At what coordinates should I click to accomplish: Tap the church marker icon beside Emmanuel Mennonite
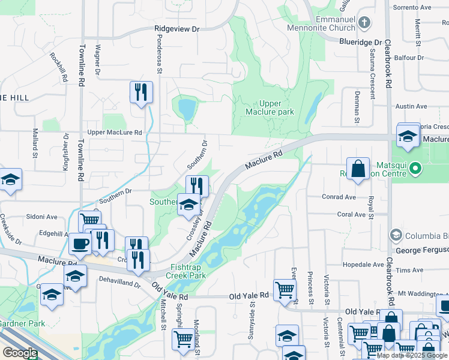tap(364, 23)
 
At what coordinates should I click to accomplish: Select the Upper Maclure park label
tap(270, 107)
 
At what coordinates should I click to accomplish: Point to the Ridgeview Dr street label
tap(176, 28)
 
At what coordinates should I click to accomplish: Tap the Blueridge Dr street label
tap(360, 42)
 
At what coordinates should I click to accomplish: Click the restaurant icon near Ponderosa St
tap(141, 92)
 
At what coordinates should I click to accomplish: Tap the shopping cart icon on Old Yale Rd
tap(285, 290)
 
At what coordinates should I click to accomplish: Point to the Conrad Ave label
tap(339, 197)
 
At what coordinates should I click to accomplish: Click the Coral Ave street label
tap(351, 214)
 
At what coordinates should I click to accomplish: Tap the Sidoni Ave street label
tap(41, 217)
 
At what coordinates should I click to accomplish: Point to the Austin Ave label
tap(411, 106)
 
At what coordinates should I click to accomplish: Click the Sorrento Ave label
tap(411, 8)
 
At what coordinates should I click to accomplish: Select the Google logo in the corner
tap(20, 353)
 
